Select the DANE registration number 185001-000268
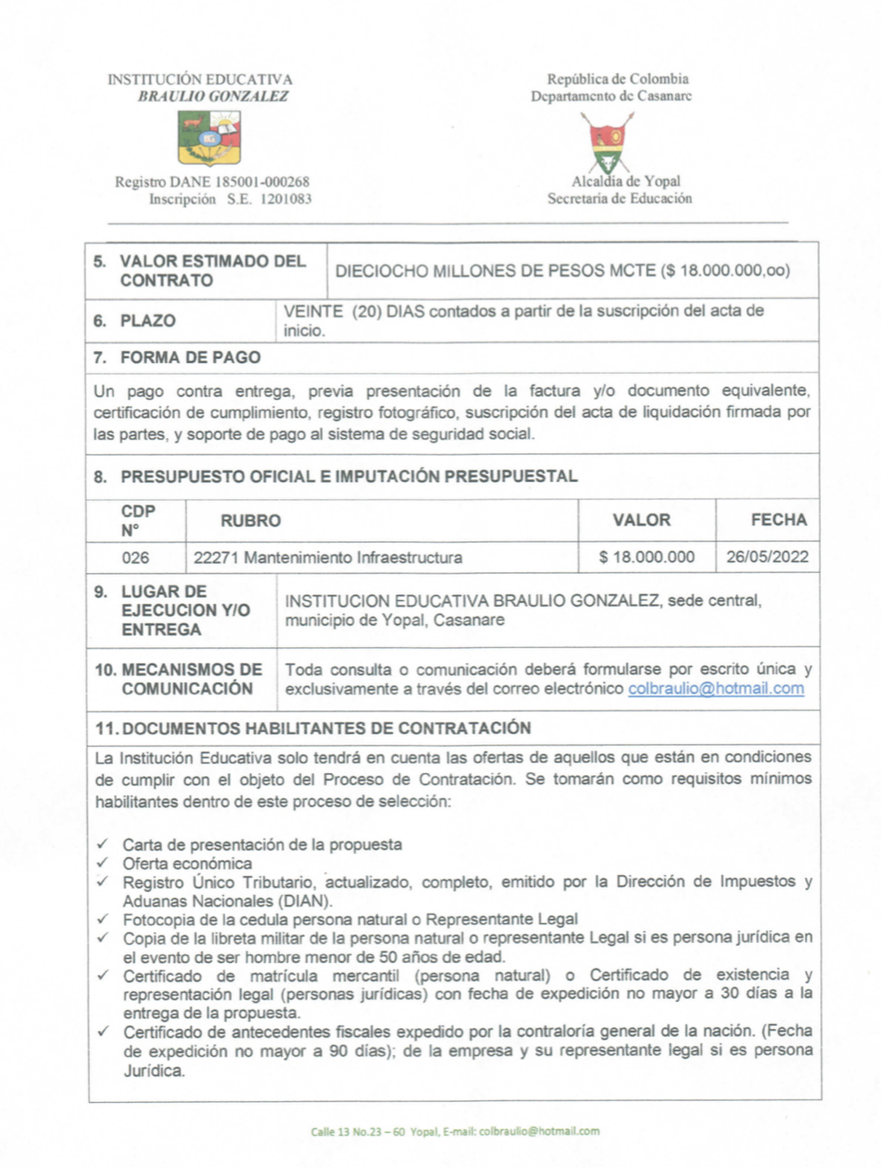261,182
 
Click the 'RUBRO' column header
251,521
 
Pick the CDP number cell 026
136,558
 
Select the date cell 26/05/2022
767,557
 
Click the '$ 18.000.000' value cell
647,558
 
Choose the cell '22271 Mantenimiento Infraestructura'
328,558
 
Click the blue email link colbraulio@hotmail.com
716,689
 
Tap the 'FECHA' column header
778,520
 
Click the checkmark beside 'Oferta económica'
103,863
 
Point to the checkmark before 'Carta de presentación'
103,844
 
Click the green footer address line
454,1131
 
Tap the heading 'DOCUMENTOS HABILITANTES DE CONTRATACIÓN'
327,728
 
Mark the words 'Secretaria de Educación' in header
620,199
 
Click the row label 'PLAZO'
148,321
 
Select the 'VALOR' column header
642,520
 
